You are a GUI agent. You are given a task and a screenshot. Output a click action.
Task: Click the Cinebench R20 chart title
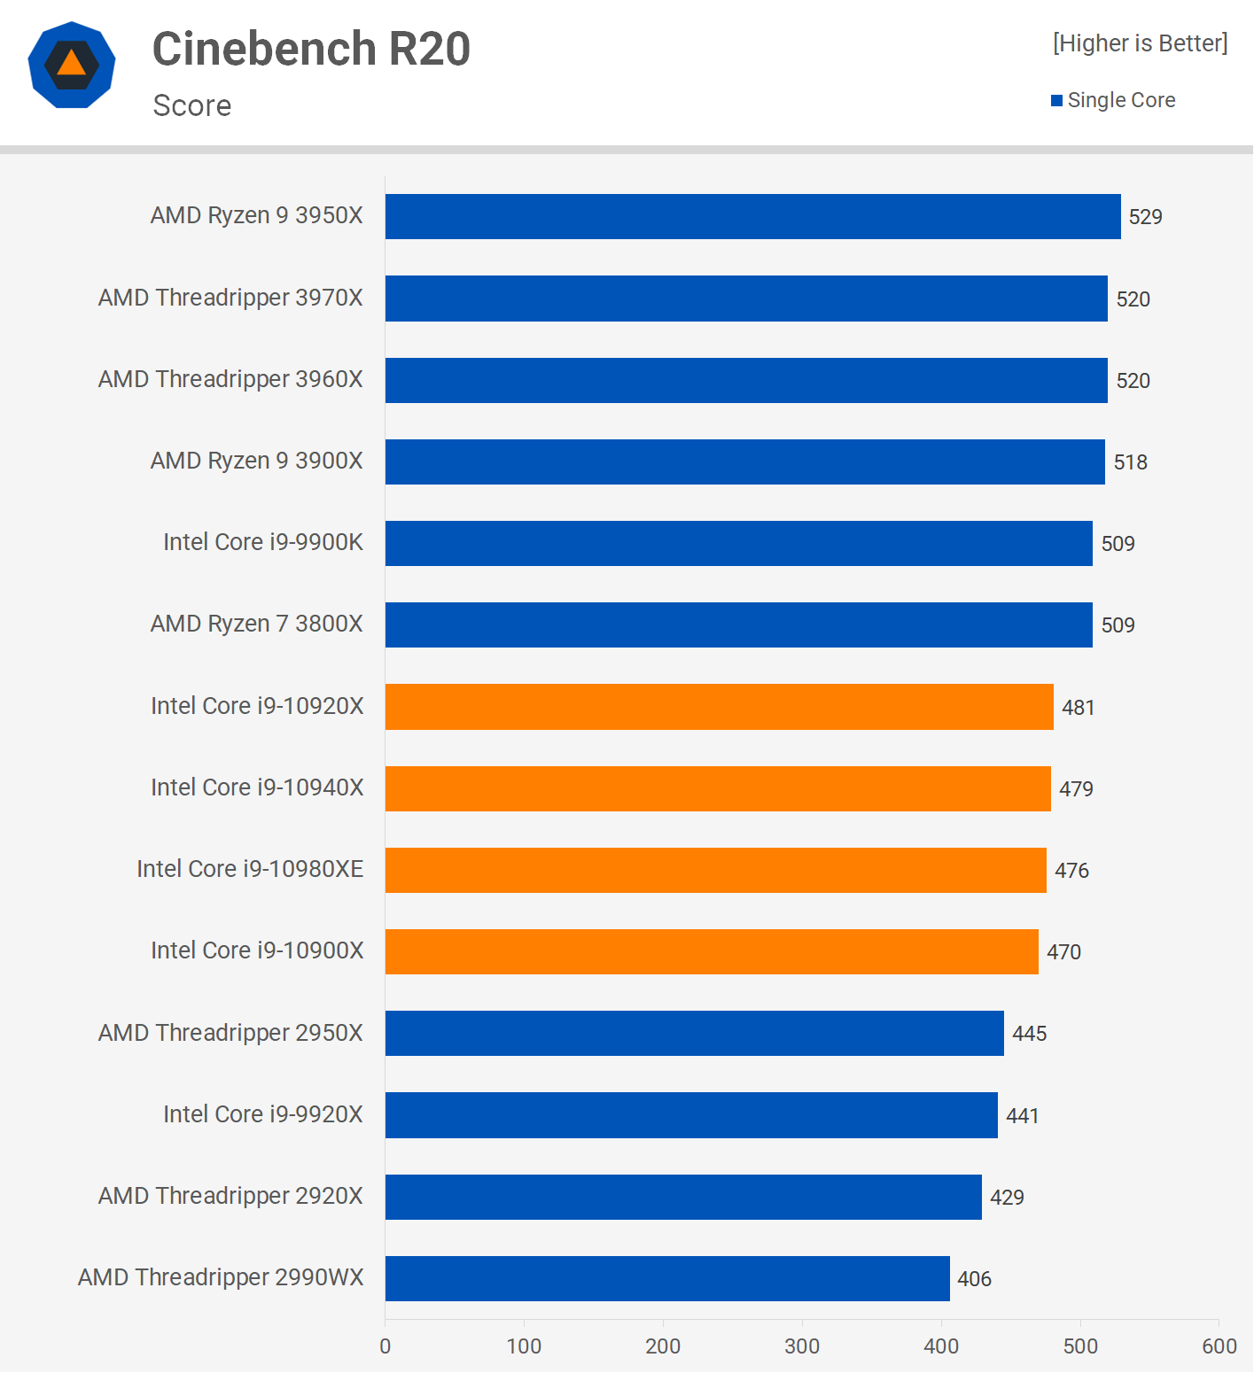[x=311, y=49]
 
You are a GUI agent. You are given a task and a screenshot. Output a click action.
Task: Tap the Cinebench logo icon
[x=72, y=65]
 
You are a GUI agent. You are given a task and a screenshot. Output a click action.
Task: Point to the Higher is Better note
[x=1140, y=43]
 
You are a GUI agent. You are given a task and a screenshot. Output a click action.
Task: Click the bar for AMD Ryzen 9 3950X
[x=752, y=217]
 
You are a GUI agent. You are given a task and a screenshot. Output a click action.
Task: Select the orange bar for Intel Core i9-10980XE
[x=715, y=870]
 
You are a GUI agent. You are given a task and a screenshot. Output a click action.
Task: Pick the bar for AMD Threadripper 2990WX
[x=667, y=1278]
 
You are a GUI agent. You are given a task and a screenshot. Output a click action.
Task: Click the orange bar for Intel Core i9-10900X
[x=712, y=951]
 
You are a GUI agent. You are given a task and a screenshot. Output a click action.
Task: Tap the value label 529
[x=1145, y=217]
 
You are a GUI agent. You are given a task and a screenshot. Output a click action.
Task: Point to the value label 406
[x=974, y=1279]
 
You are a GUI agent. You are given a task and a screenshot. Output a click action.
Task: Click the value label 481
[x=1078, y=708]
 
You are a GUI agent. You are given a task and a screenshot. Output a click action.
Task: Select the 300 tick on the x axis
[x=802, y=1346]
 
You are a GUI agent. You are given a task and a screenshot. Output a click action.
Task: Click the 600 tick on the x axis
[x=1219, y=1346]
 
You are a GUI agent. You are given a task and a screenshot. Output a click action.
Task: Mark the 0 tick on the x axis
[x=386, y=1346]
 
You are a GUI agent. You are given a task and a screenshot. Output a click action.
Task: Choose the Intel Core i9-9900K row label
[x=263, y=542]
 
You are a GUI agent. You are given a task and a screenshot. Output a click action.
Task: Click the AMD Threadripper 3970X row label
[x=230, y=298]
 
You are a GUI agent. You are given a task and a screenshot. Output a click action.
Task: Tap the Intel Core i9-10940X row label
[x=257, y=787]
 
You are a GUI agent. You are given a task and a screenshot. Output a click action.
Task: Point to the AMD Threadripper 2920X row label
[x=230, y=1196]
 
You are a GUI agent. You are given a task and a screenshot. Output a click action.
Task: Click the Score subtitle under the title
[x=192, y=105]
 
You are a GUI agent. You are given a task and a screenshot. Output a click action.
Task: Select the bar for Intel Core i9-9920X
[x=691, y=1115]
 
